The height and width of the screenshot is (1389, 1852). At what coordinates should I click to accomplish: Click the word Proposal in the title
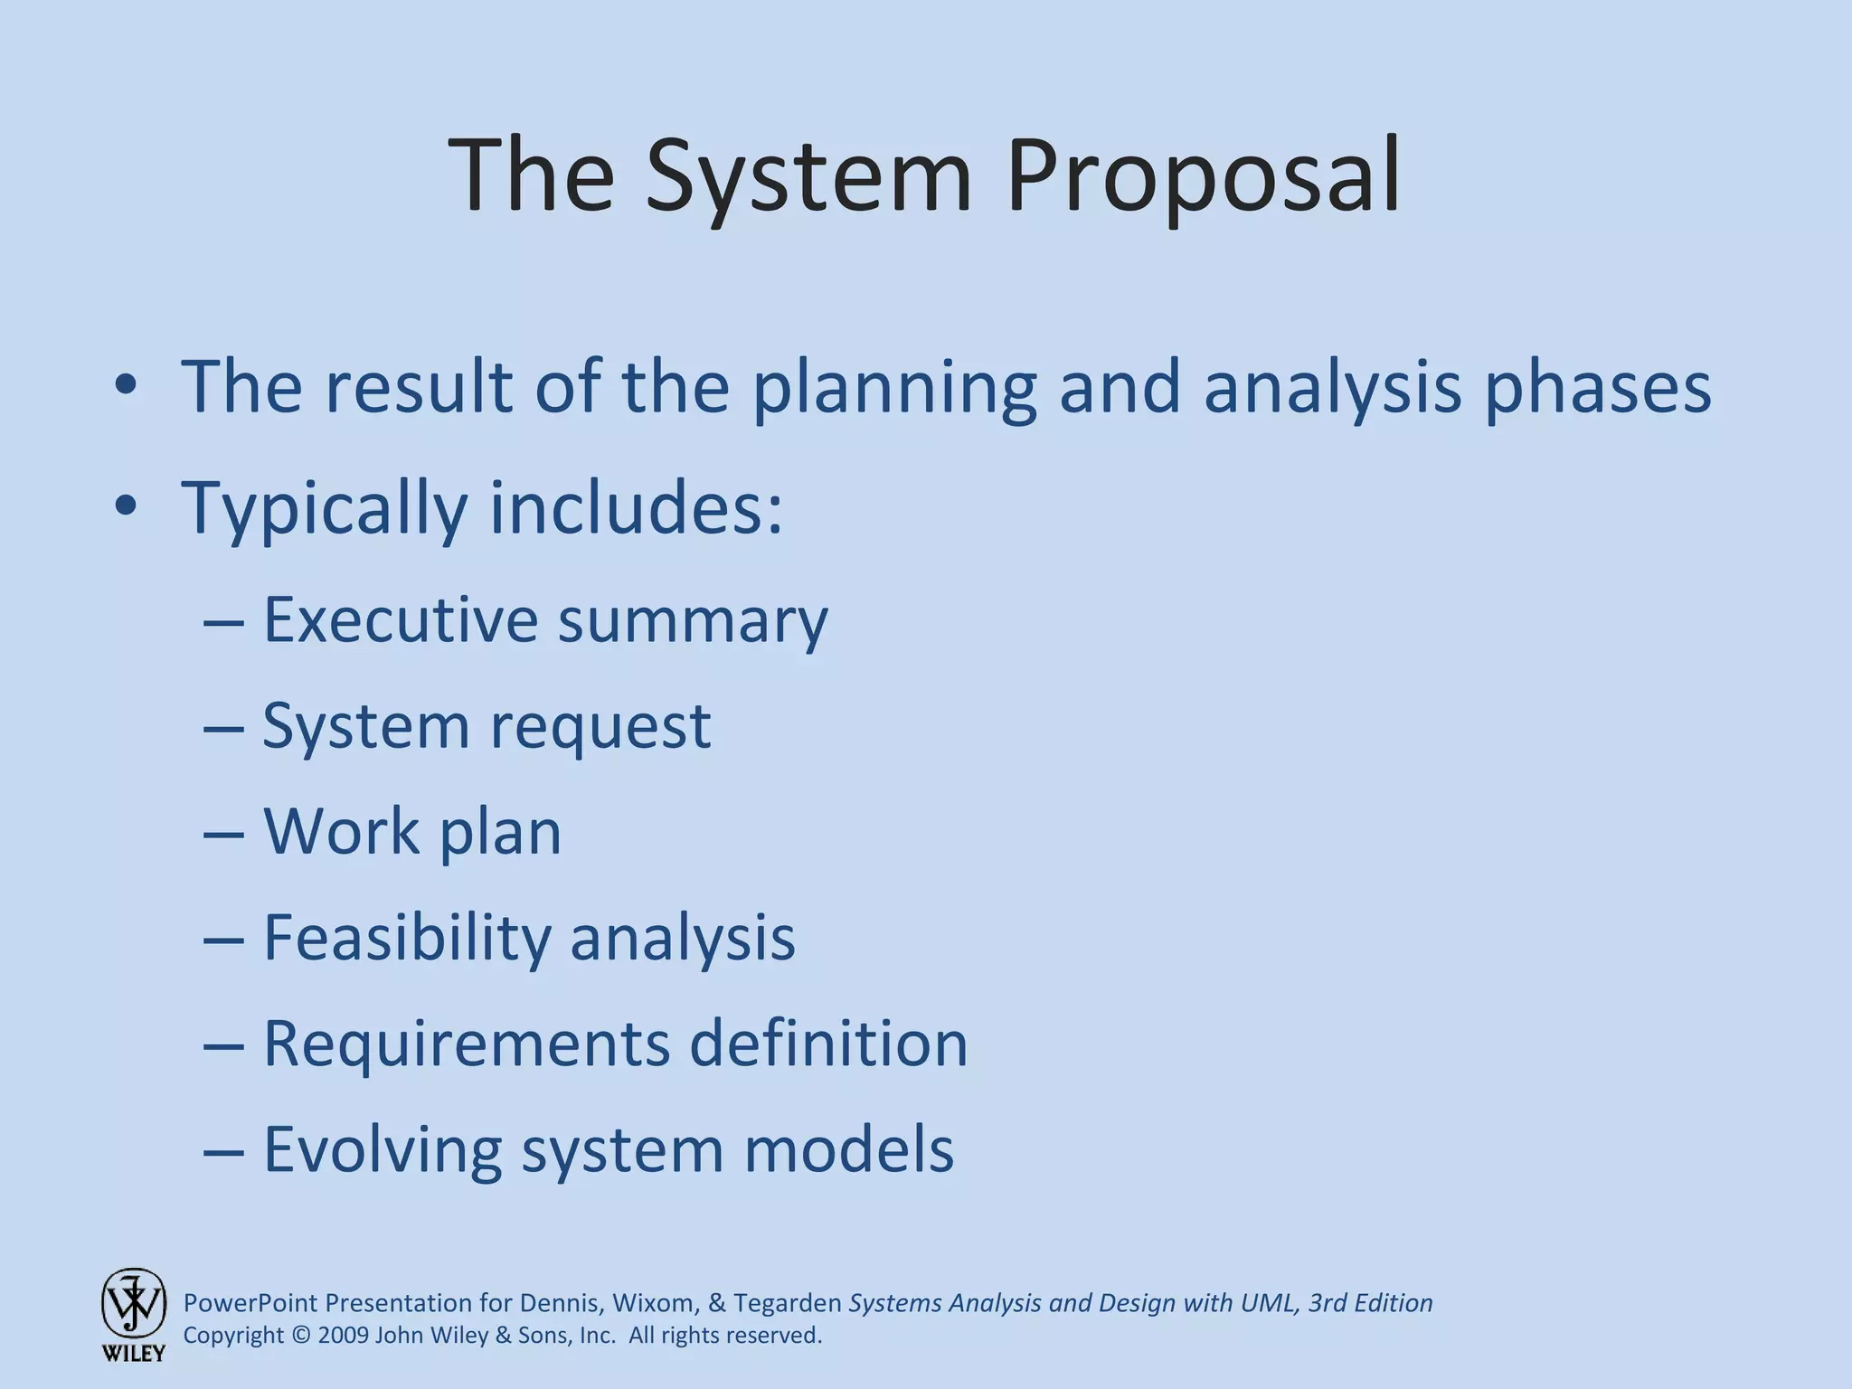pyautogui.click(x=1203, y=176)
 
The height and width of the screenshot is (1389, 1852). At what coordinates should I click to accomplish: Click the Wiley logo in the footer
pyautogui.click(x=133, y=1313)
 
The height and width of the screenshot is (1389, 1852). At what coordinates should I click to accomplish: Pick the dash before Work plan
pyautogui.click(x=223, y=833)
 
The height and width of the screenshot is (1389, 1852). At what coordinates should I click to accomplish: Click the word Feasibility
pyautogui.click(x=406, y=938)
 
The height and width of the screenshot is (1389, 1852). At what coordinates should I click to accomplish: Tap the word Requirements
pyautogui.click(x=467, y=1044)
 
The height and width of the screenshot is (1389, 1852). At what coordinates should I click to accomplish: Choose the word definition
pyautogui.click(x=828, y=1044)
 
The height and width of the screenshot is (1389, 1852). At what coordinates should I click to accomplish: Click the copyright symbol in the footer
pyautogui.click(x=301, y=1336)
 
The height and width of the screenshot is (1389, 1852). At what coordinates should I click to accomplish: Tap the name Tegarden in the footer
pyautogui.click(x=787, y=1303)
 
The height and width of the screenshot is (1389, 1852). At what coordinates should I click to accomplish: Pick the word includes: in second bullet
pyautogui.click(x=636, y=507)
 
